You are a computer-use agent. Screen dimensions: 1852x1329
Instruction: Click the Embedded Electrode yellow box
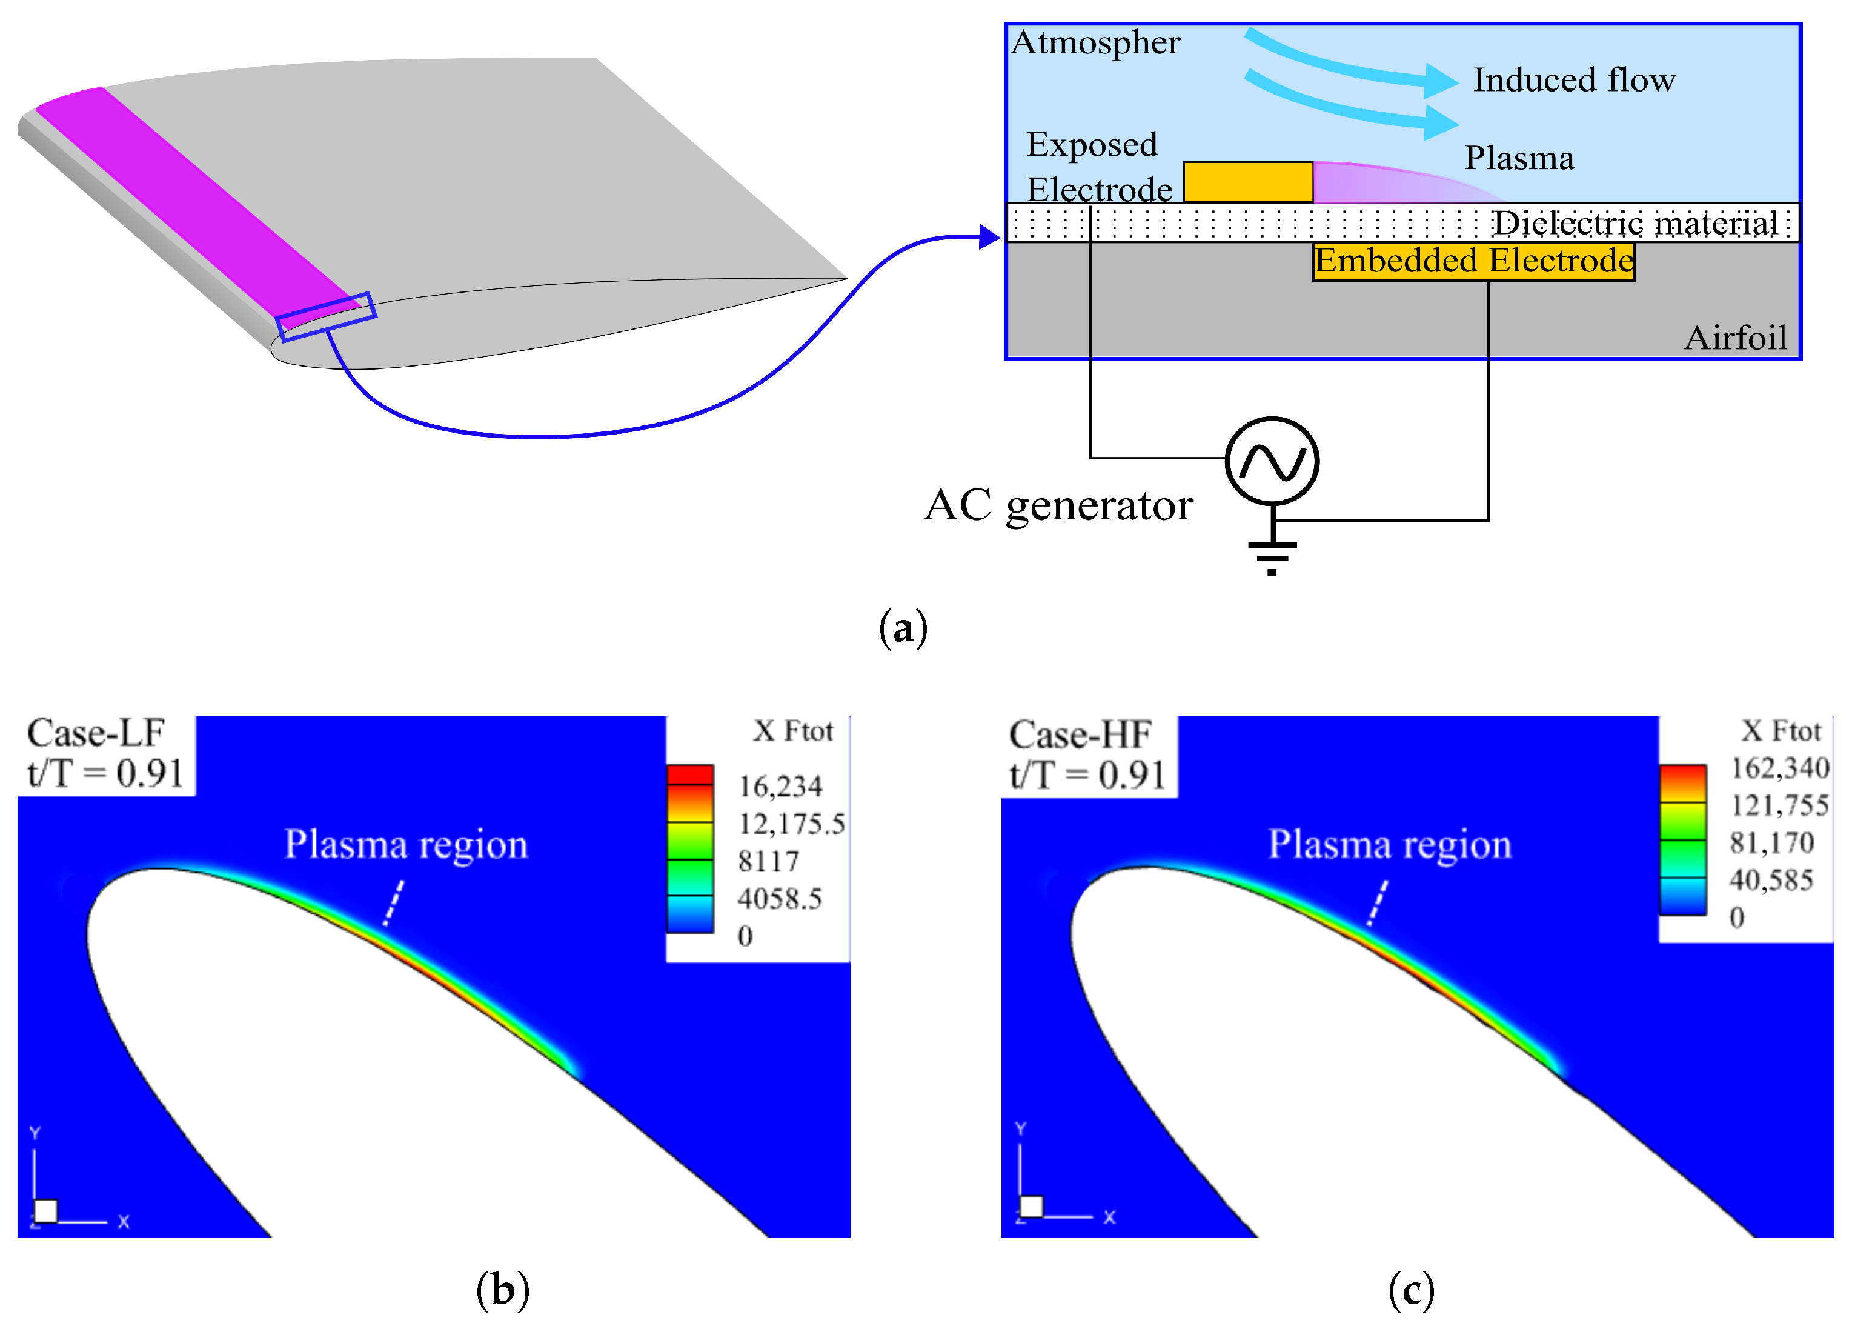1474,261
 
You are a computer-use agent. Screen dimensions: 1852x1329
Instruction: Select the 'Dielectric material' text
1636,222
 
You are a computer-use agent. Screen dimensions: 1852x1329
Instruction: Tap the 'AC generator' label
1058,505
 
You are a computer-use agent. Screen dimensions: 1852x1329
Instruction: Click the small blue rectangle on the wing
326,317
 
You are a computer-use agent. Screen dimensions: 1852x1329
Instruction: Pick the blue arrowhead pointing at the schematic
990,238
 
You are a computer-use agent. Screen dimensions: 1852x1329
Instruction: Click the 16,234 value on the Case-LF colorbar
780,786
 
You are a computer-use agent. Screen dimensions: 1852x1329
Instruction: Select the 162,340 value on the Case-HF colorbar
1780,768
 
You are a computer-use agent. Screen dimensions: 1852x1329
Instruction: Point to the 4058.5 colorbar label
779,899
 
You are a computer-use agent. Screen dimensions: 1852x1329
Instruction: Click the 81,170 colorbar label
1772,842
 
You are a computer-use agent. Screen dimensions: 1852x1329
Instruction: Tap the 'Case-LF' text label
96,733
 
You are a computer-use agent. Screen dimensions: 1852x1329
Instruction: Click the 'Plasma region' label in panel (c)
1389,845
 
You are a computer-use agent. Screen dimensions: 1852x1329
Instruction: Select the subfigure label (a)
903,629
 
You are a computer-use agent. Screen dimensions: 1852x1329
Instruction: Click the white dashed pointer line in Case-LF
394,902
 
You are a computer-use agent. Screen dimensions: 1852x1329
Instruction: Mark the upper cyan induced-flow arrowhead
1441,80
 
